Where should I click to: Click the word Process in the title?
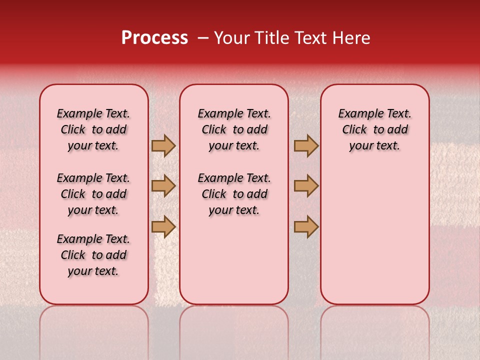click(154, 38)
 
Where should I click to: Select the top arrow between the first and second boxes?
click(163, 146)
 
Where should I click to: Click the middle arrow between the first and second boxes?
click(163, 186)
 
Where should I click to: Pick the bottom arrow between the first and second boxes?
click(163, 226)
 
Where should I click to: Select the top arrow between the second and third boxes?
click(306, 146)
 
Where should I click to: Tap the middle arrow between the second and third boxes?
click(306, 186)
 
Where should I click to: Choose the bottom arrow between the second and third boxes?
click(306, 226)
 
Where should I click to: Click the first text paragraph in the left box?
click(93, 129)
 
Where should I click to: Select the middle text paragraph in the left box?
click(93, 194)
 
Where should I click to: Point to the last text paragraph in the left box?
click(93, 255)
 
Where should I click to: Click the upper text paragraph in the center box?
click(234, 129)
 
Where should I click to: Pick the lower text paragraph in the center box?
click(234, 194)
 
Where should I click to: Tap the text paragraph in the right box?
click(374, 129)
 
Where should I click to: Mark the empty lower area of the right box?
click(374, 230)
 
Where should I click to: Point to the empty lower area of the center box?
click(234, 260)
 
